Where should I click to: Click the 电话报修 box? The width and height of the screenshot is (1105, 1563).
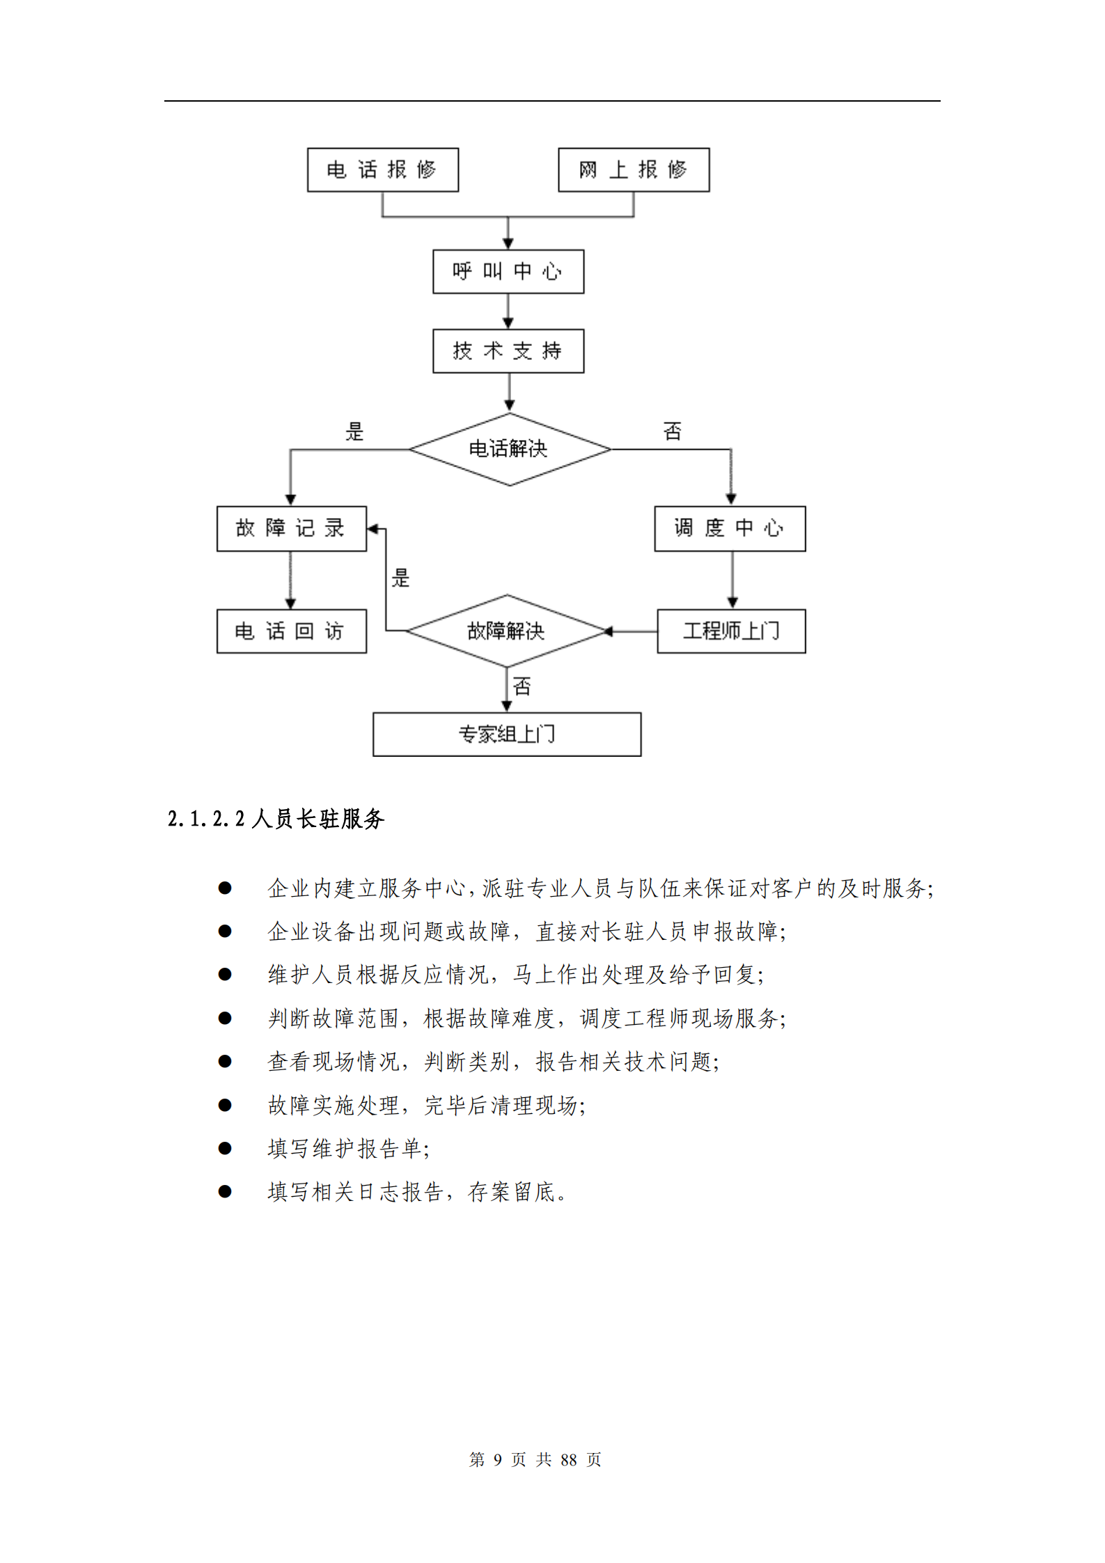click(382, 170)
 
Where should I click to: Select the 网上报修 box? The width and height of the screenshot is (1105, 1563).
click(634, 170)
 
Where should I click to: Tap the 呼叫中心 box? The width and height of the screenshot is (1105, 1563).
click(508, 272)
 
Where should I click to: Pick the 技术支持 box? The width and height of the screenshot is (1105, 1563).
click(508, 351)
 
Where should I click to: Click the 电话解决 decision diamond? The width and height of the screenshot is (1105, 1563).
click(509, 449)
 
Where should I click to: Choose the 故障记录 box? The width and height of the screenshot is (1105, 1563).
click(291, 528)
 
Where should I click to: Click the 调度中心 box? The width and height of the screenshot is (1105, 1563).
click(730, 528)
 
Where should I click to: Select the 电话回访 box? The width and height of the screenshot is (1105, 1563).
click(291, 631)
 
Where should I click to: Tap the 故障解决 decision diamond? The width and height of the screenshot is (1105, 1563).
click(506, 631)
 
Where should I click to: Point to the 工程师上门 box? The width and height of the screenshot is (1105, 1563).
click(731, 631)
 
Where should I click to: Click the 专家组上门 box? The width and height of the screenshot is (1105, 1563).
click(507, 734)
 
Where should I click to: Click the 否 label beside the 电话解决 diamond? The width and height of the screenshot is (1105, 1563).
click(672, 432)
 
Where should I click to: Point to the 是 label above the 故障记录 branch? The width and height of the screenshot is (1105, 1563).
click(354, 432)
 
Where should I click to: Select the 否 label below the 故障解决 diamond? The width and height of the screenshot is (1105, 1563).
click(522, 686)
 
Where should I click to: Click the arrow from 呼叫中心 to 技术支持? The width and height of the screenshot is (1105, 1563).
click(508, 311)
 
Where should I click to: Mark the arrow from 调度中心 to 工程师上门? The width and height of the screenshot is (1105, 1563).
click(732, 580)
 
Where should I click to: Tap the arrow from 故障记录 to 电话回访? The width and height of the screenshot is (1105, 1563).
click(290, 580)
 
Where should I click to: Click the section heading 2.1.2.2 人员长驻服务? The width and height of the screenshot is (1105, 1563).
click(276, 819)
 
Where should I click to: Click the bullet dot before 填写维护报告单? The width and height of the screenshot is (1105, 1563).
click(224, 1148)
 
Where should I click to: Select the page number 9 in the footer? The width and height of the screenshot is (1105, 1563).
click(497, 1459)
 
